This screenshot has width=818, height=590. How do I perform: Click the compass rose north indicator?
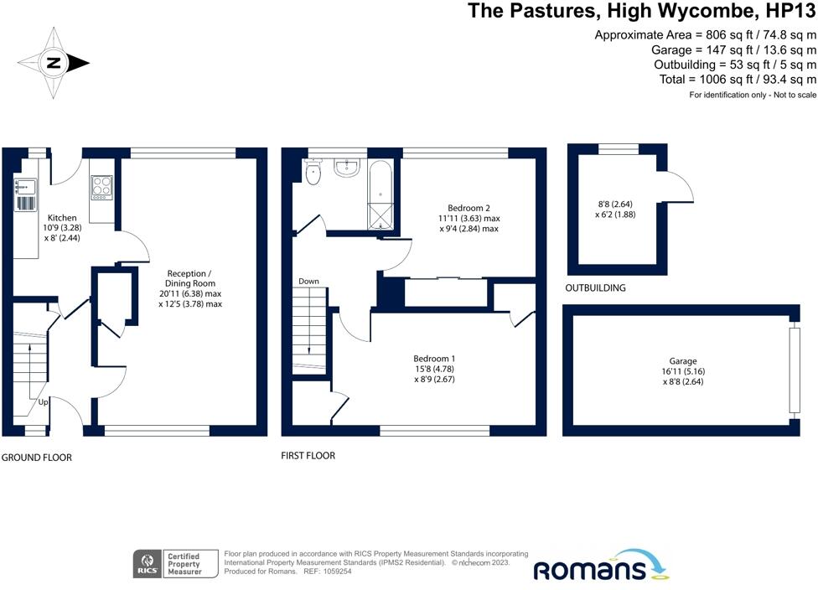click(x=54, y=62)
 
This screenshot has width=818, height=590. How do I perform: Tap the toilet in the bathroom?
click(x=313, y=173)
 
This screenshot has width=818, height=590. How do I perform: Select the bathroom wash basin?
click(x=346, y=167)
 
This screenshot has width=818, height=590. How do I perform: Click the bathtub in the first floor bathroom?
click(x=381, y=193)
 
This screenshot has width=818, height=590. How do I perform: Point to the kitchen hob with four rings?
click(x=101, y=185)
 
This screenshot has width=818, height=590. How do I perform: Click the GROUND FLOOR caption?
click(x=37, y=458)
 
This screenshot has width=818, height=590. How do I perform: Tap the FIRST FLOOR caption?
click(x=308, y=456)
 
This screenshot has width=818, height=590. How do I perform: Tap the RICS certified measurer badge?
click(x=175, y=564)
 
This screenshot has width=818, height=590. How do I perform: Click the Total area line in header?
click(x=737, y=80)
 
